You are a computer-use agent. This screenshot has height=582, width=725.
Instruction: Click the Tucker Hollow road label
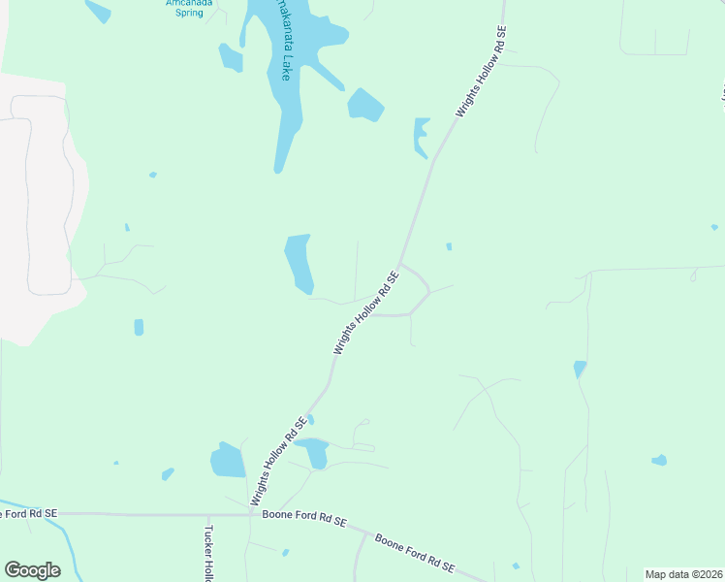click(x=208, y=553)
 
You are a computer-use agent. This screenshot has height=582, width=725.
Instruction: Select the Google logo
click(x=32, y=570)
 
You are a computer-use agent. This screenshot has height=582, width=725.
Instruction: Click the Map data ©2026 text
click(x=684, y=574)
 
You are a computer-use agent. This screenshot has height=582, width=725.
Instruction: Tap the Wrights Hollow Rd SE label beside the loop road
click(x=366, y=311)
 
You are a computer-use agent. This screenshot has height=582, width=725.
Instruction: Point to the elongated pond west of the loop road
click(x=298, y=262)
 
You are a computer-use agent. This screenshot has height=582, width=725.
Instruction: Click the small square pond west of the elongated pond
click(x=139, y=327)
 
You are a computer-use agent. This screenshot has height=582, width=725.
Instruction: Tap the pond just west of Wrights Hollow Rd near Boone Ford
click(x=228, y=460)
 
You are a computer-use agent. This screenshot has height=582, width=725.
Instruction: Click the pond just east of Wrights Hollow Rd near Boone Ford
click(x=313, y=451)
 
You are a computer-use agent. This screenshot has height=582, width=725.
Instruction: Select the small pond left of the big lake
click(x=230, y=57)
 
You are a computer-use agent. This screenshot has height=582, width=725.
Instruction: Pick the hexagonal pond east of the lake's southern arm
click(x=365, y=105)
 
